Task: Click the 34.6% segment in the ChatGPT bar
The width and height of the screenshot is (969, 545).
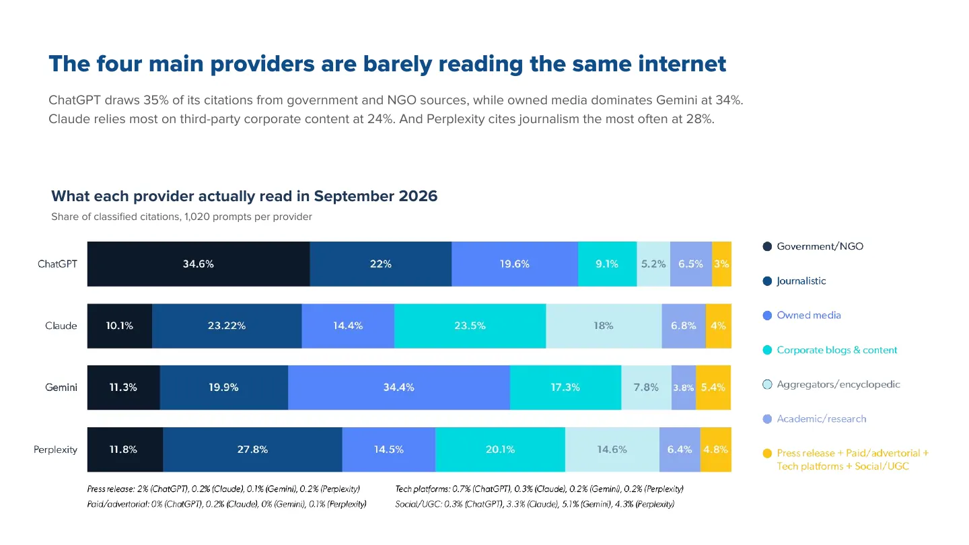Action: click(198, 264)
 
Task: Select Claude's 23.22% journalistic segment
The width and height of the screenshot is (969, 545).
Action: click(227, 326)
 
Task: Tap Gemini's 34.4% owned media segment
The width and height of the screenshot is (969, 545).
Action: click(399, 388)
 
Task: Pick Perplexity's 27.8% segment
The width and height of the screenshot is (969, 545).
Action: click(252, 449)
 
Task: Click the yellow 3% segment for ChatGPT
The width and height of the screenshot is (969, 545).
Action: click(721, 264)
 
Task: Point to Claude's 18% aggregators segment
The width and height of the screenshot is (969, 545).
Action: click(604, 326)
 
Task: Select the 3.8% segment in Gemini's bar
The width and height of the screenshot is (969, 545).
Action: click(684, 388)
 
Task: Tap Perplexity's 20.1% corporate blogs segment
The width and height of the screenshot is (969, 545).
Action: click(500, 449)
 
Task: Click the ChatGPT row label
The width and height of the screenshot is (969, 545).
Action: click(58, 264)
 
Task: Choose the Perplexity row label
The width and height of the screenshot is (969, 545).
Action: click(55, 450)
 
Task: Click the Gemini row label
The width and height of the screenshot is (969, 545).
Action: click(61, 388)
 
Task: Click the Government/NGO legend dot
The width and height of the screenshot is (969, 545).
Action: click(767, 246)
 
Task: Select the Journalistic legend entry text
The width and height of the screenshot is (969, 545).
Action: click(801, 281)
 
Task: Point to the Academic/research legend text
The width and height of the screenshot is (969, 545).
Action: click(822, 419)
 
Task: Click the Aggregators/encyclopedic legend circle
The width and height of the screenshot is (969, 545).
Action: click(767, 385)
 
